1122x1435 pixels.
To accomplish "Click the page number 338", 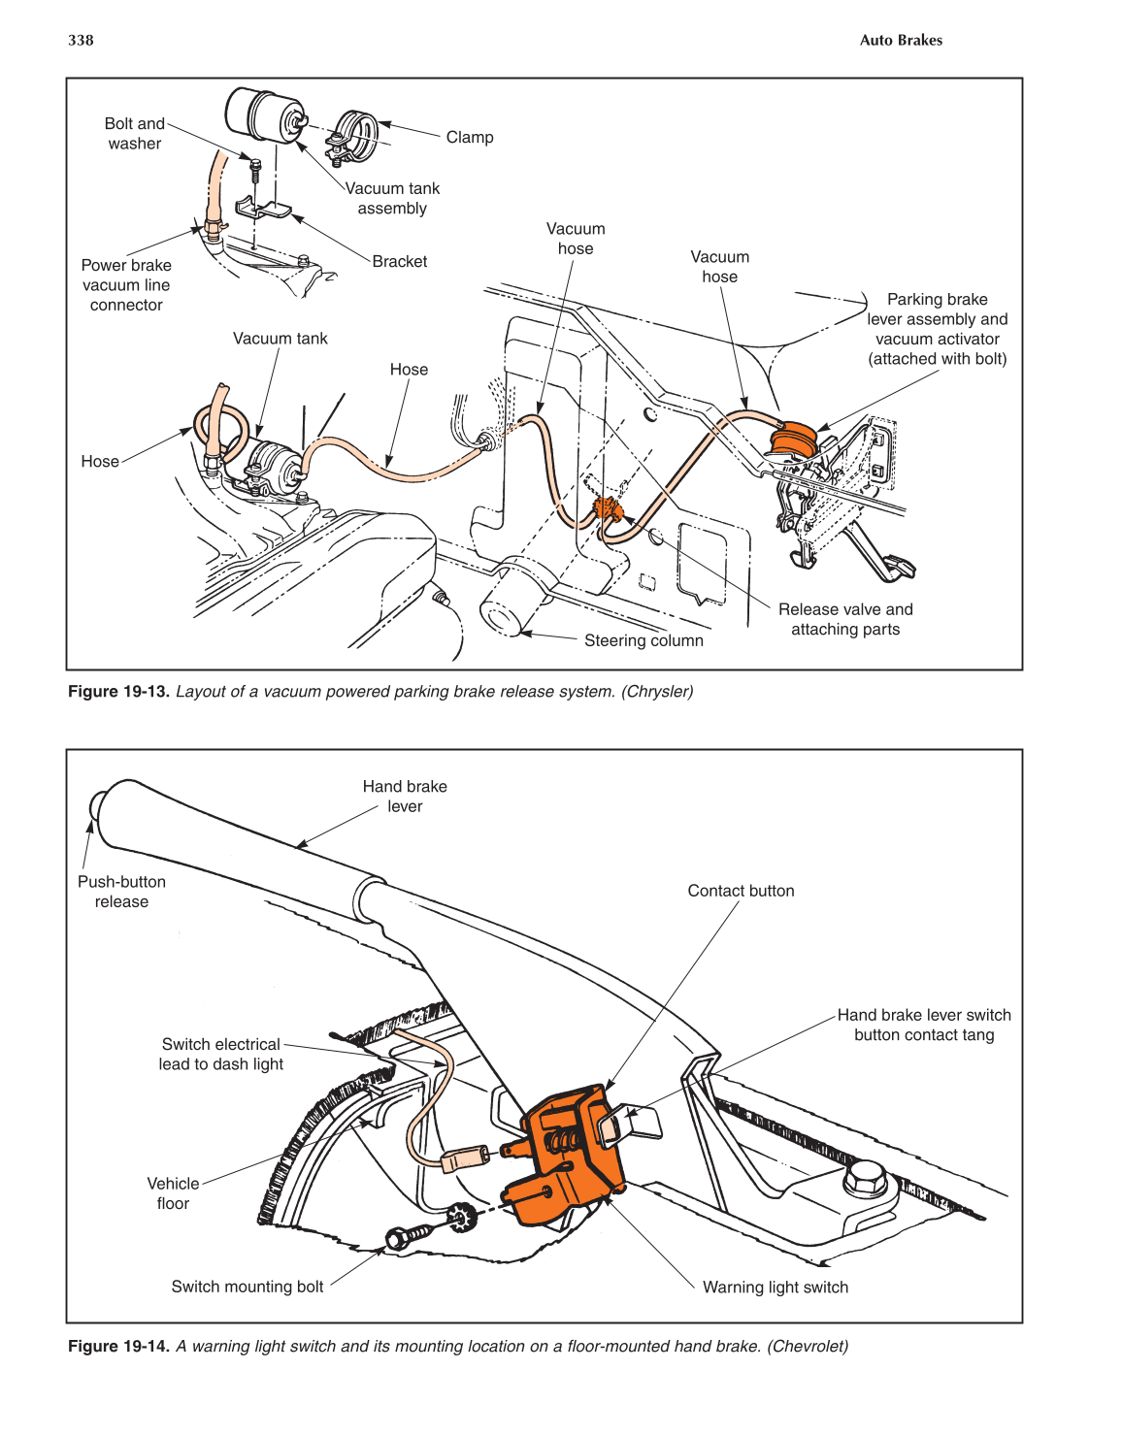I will click(81, 40).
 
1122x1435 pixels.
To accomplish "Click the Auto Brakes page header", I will click(901, 40).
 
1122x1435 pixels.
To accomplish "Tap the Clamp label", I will click(470, 138).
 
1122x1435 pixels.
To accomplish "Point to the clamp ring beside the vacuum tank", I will click(355, 135).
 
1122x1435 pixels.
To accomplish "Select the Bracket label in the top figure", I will click(399, 262).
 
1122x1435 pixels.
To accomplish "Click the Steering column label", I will click(643, 640).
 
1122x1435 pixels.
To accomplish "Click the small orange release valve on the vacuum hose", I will click(608, 509).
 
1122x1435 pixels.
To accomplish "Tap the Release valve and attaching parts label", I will click(845, 619).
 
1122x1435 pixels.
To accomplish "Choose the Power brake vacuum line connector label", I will click(126, 285).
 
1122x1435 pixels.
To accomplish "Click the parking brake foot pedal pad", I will click(901, 566).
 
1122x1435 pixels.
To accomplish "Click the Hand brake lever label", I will click(405, 797).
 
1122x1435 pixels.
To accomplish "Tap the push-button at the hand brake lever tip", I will click(97, 805).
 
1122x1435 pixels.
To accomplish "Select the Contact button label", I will click(741, 891).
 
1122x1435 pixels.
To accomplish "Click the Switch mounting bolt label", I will click(247, 1287).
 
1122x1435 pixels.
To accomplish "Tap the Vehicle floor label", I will click(173, 1193).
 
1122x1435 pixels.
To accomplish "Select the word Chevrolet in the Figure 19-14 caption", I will click(807, 1347).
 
